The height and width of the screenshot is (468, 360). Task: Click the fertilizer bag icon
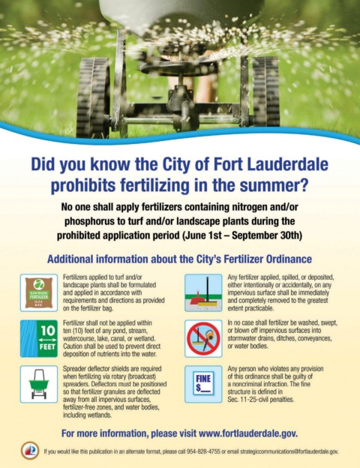[x=39, y=292]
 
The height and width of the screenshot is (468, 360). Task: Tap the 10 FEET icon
[x=39, y=338]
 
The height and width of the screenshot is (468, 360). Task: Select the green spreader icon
[x=39, y=384]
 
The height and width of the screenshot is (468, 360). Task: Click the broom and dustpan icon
[x=203, y=292]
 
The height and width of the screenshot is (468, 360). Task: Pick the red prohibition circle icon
[x=203, y=339]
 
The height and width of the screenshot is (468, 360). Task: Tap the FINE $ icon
[x=203, y=384]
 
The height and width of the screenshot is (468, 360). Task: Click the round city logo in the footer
[x=30, y=451]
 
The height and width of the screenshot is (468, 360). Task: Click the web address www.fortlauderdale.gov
[x=248, y=433]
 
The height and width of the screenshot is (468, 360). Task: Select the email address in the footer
[x=289, y=451]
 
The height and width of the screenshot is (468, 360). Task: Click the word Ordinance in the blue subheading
[x=289, y=259]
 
